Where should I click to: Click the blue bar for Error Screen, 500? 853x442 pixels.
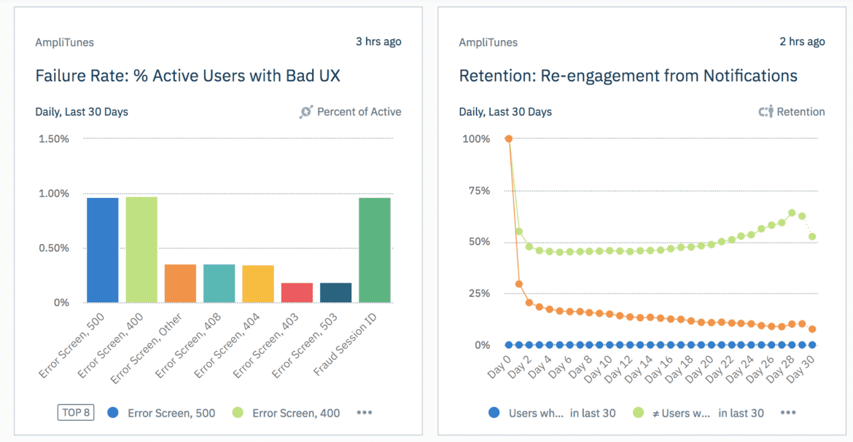click(x=102, y=250)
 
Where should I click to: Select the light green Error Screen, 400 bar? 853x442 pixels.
click(x=141, y=249)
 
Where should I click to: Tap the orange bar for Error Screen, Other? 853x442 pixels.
click(x=180, y=283)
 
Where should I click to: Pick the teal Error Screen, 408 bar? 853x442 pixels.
click(x=219, y=283)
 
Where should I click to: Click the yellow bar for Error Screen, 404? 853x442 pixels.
click(x=258, y=284)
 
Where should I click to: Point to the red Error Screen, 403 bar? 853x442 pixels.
click(x=297, y=293)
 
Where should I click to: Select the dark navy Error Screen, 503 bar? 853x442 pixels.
click(x=335, y=293)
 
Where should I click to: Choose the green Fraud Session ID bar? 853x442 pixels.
click(x=375, y=250)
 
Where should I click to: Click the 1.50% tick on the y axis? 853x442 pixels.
click(x=54, y=138)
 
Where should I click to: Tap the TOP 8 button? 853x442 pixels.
click(x=76, y=413)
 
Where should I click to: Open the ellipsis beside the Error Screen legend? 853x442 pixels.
click(x=365, y=413)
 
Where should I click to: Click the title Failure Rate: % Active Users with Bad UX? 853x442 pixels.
click(x=188, y=76)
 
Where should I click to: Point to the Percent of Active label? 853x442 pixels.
click(x=359, y=112)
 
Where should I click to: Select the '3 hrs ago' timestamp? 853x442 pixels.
click(x=378, y=42)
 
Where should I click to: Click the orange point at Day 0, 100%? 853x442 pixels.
click(x=509, y=138)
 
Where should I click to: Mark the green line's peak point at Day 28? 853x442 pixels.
click(x=792, y=213)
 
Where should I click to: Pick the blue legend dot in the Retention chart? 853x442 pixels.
click(x=495, y=413)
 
